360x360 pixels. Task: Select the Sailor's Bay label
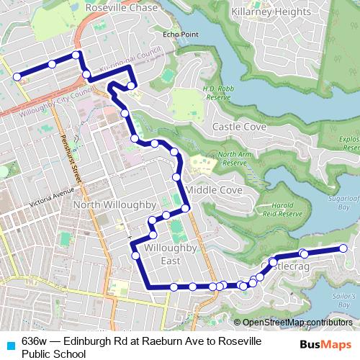(346, 300)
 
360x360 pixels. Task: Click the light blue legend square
(9, 341)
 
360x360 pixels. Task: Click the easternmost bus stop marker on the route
(343, 248)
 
